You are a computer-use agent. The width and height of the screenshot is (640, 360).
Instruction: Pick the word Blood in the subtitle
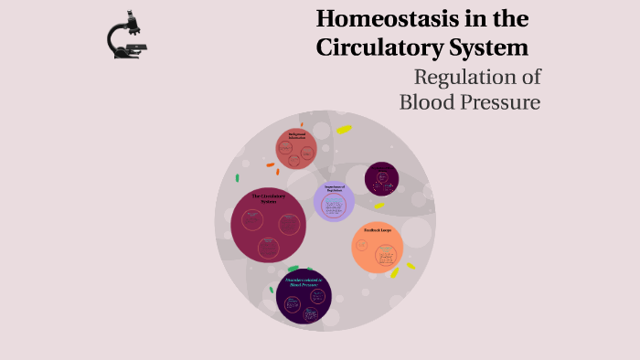[425, 101]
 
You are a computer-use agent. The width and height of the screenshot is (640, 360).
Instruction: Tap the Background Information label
[296, 134]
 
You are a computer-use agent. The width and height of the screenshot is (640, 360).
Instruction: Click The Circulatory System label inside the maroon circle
[268, 198]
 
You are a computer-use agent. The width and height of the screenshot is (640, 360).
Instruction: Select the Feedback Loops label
[379, 229]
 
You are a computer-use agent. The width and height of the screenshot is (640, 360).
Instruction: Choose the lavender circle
[334, 201]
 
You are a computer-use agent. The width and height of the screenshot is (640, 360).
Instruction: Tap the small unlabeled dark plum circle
[381, 179]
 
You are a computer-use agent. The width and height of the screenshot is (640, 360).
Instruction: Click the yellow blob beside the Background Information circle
[343, 130]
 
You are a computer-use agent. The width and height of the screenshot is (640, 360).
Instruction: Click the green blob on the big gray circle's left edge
[237, 178]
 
